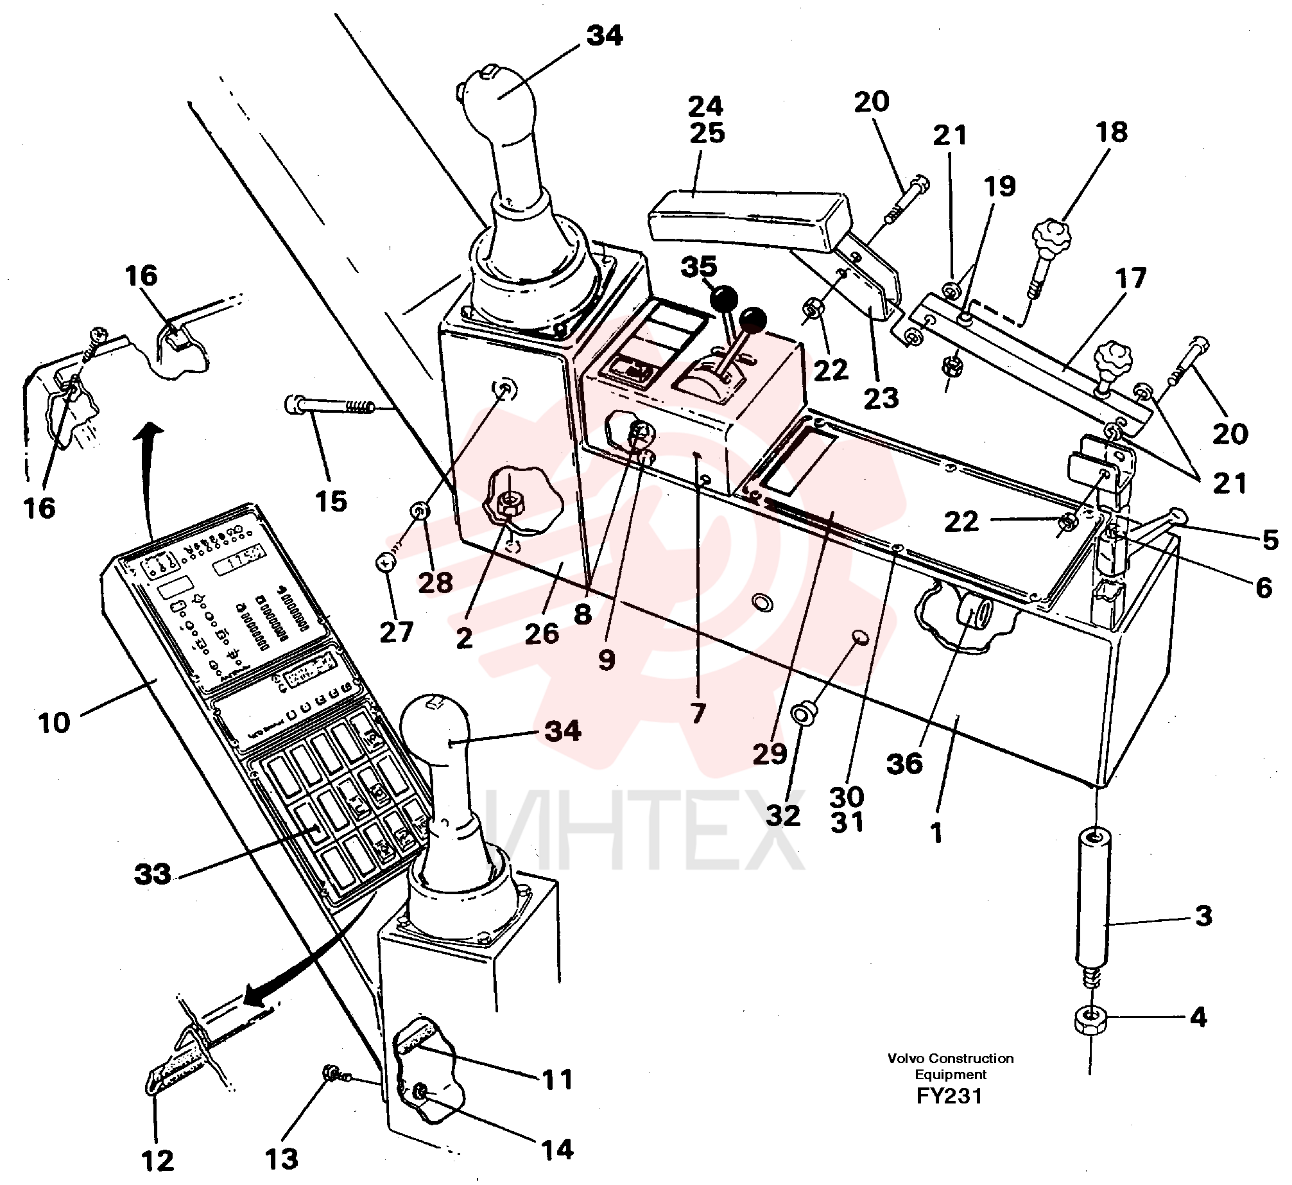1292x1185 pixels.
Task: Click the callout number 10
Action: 55,723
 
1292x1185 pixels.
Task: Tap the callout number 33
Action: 153,874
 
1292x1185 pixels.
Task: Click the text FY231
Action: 950,1096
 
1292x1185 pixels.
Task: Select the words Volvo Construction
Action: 951,1058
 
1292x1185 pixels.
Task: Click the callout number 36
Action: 904,764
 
